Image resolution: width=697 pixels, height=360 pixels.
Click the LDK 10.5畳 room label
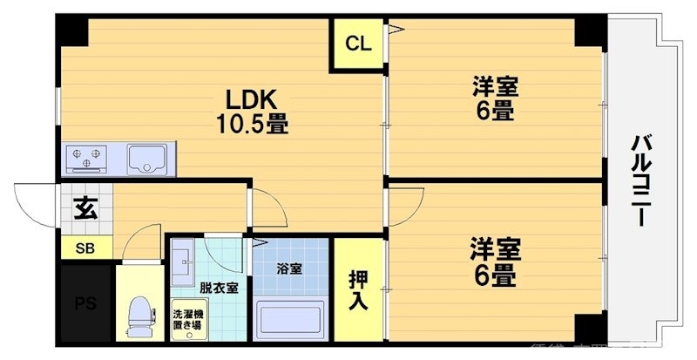[253, 109]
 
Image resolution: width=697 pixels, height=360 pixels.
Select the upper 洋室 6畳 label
[494, 98]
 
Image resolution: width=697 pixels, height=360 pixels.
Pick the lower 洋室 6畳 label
[495, 262]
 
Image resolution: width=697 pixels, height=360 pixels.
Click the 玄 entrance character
[85, 208]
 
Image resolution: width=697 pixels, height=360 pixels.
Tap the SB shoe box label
[85, 248]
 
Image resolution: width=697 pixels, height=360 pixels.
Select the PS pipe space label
[85, 303]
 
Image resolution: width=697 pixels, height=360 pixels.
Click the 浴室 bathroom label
[290, 268]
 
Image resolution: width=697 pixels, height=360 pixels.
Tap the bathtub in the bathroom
[290, 320]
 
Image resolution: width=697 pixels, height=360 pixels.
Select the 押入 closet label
[358, 290]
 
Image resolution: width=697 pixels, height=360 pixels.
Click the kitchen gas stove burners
[85, 158]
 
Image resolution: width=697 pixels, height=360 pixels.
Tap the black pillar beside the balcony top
[590, 31]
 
